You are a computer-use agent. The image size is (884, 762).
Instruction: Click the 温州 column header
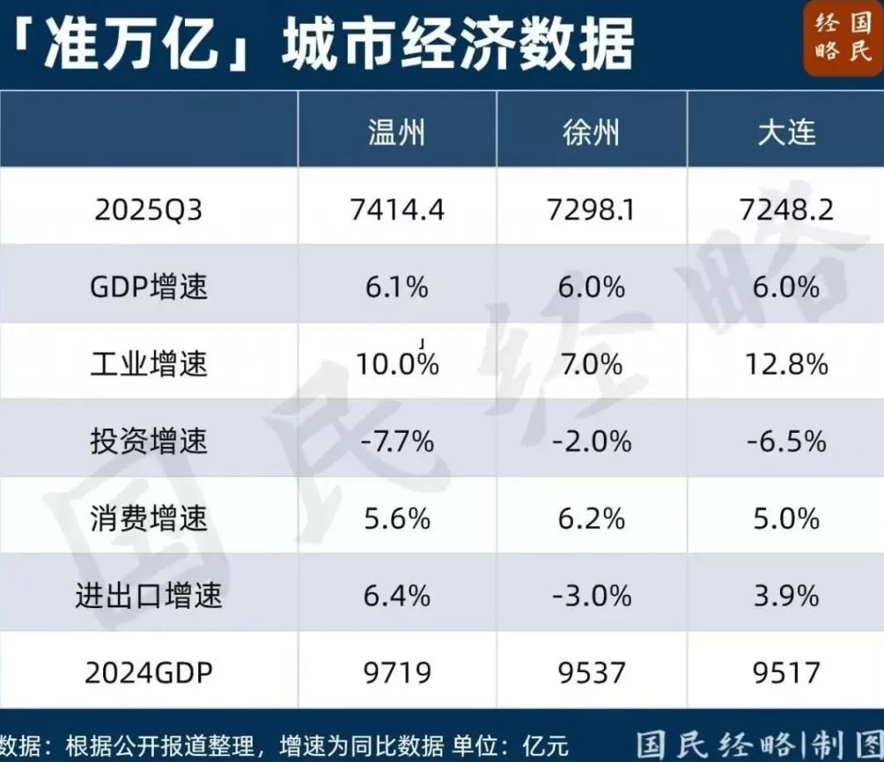(396, 132)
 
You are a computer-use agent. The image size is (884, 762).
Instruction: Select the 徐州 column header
(592, 132)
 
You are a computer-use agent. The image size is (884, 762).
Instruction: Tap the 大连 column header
(786, 132)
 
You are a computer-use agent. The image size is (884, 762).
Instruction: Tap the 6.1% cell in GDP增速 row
(396, 287)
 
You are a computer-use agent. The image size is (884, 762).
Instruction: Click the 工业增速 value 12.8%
(786, 363)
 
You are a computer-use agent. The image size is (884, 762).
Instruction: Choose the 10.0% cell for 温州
(398, 363)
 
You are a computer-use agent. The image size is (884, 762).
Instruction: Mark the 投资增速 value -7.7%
(396, 440)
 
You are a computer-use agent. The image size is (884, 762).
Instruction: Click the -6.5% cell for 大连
(786, 440)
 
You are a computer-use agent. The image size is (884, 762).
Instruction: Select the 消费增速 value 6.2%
(592, 518)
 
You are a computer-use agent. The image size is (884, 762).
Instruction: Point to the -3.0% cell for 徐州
(592, 596)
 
